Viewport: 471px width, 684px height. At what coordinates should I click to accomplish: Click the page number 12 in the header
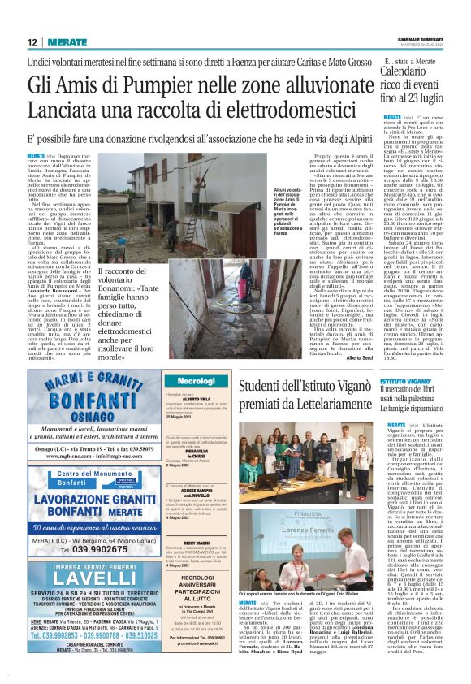[x=32, y=41]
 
